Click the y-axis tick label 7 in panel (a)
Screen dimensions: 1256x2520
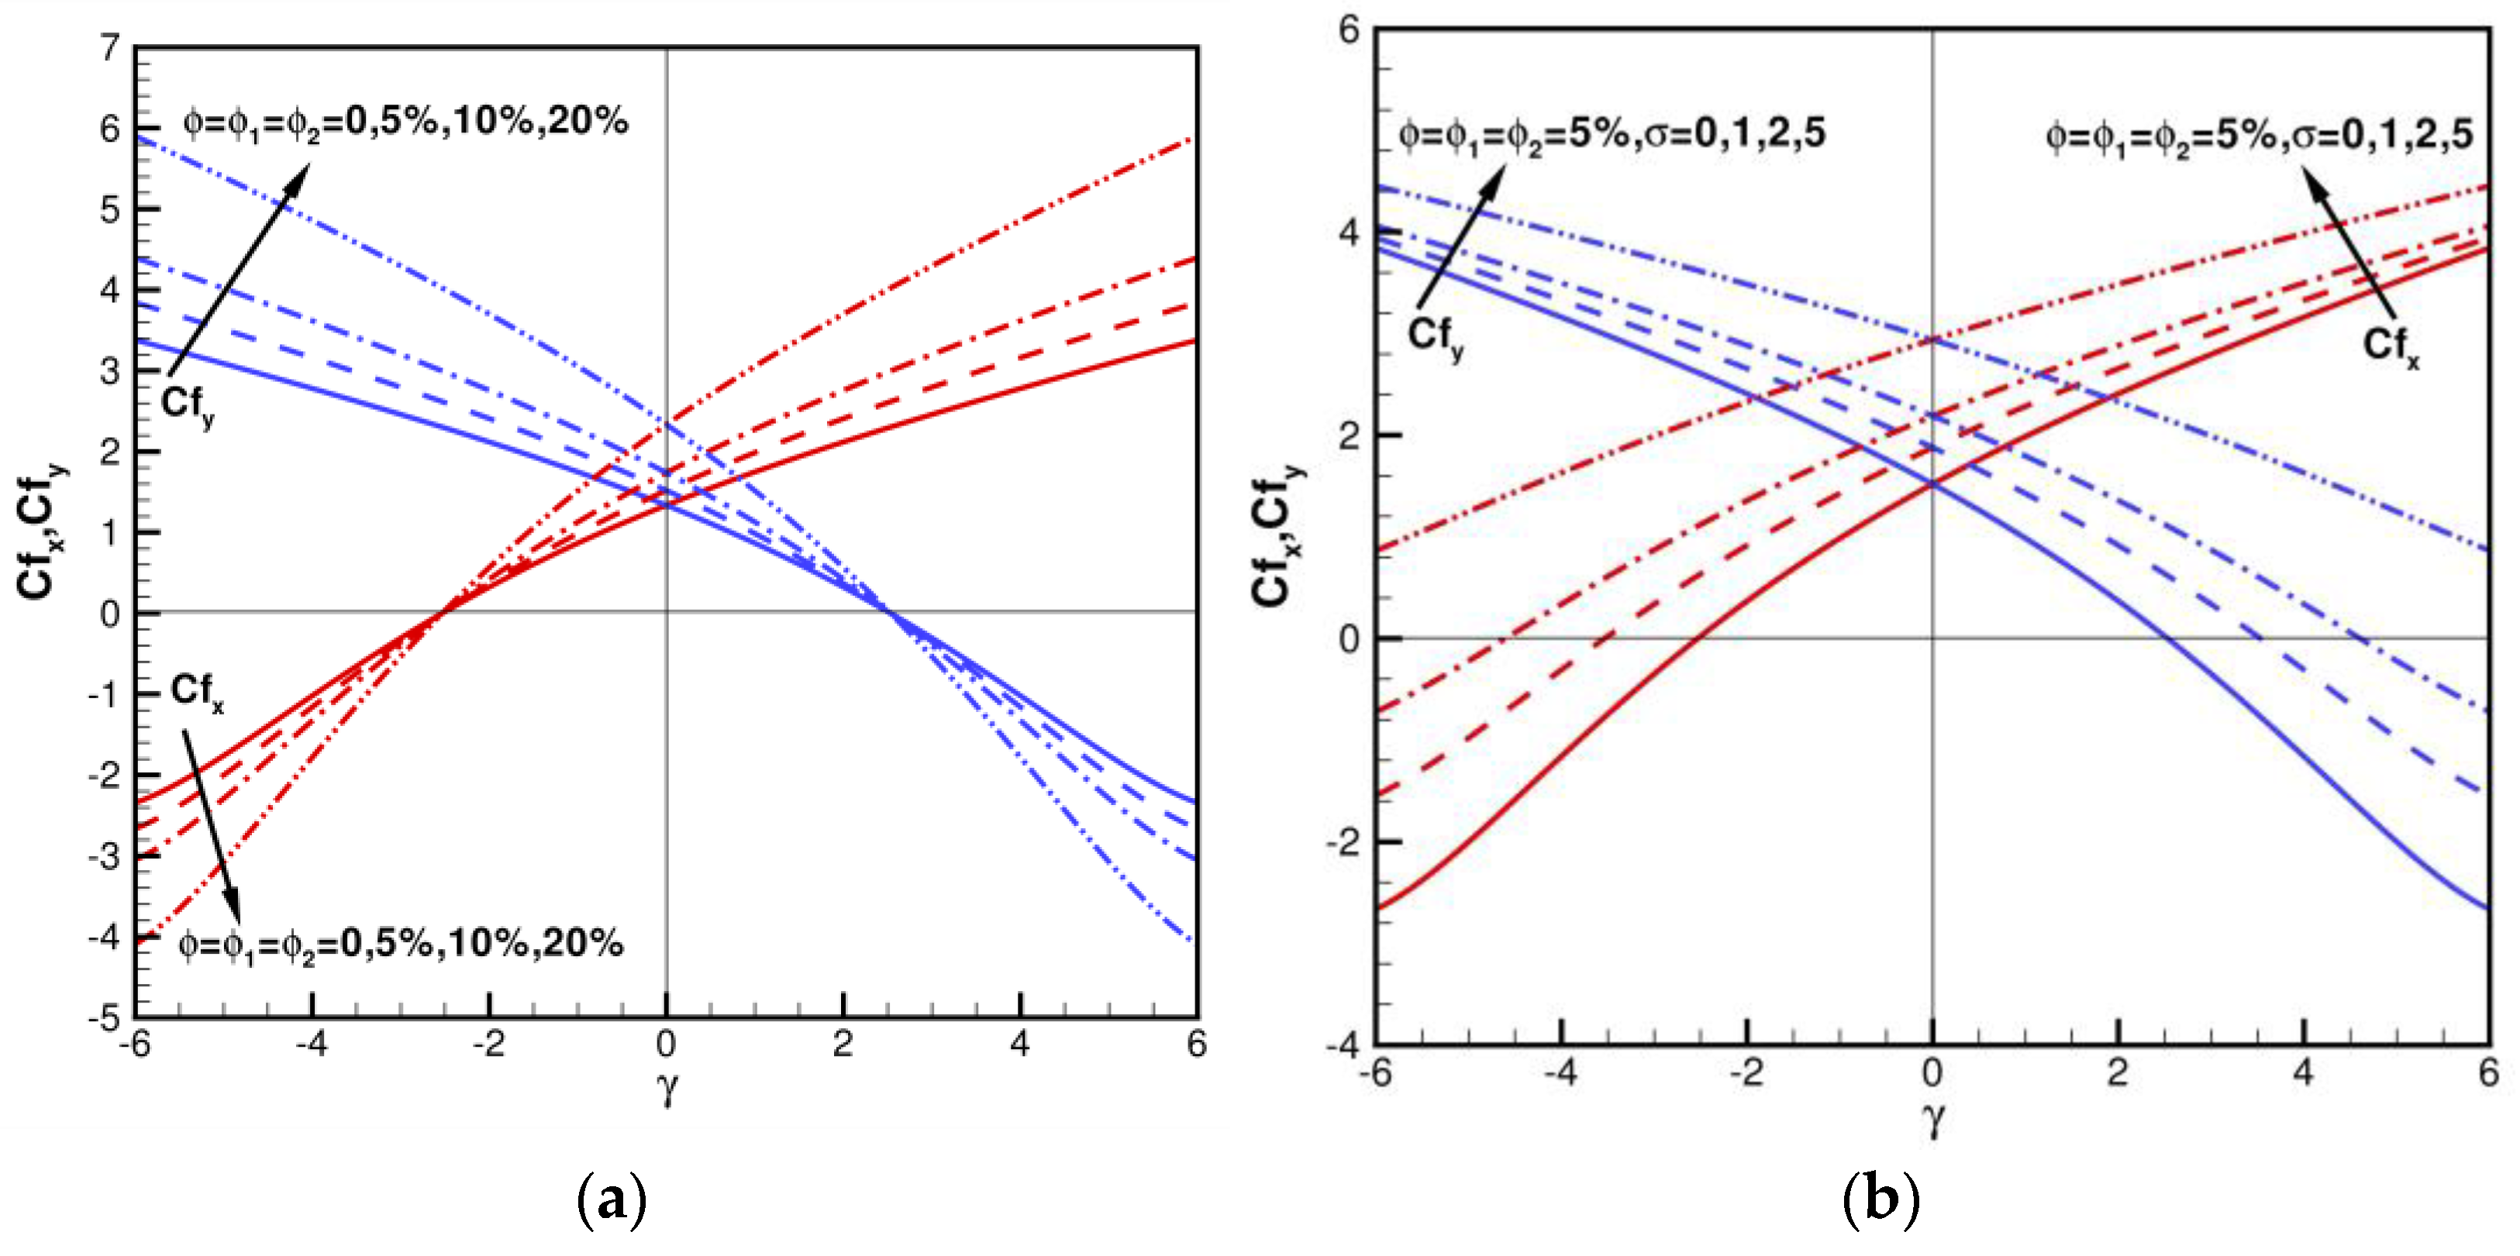click(x=109, y=47)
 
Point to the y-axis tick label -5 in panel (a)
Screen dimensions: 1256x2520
click(x=104, y=1018)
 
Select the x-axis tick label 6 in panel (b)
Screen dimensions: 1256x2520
click(x=2487, y=1073)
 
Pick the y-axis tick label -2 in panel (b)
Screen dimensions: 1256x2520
click(x=1343, y=842)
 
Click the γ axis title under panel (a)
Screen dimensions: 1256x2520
click(x=667, y=1086)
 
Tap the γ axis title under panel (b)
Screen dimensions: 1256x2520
click(x=1932, y=1118)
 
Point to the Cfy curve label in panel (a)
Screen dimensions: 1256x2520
click(x=188, y=405)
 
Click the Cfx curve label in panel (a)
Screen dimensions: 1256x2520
click(x=197, y=692)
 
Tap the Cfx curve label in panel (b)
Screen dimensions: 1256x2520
click(x=2391, y=346)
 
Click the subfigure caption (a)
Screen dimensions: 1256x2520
click(x=612, y=1199)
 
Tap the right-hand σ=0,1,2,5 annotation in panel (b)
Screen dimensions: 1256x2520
click(x=2259, y=134)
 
